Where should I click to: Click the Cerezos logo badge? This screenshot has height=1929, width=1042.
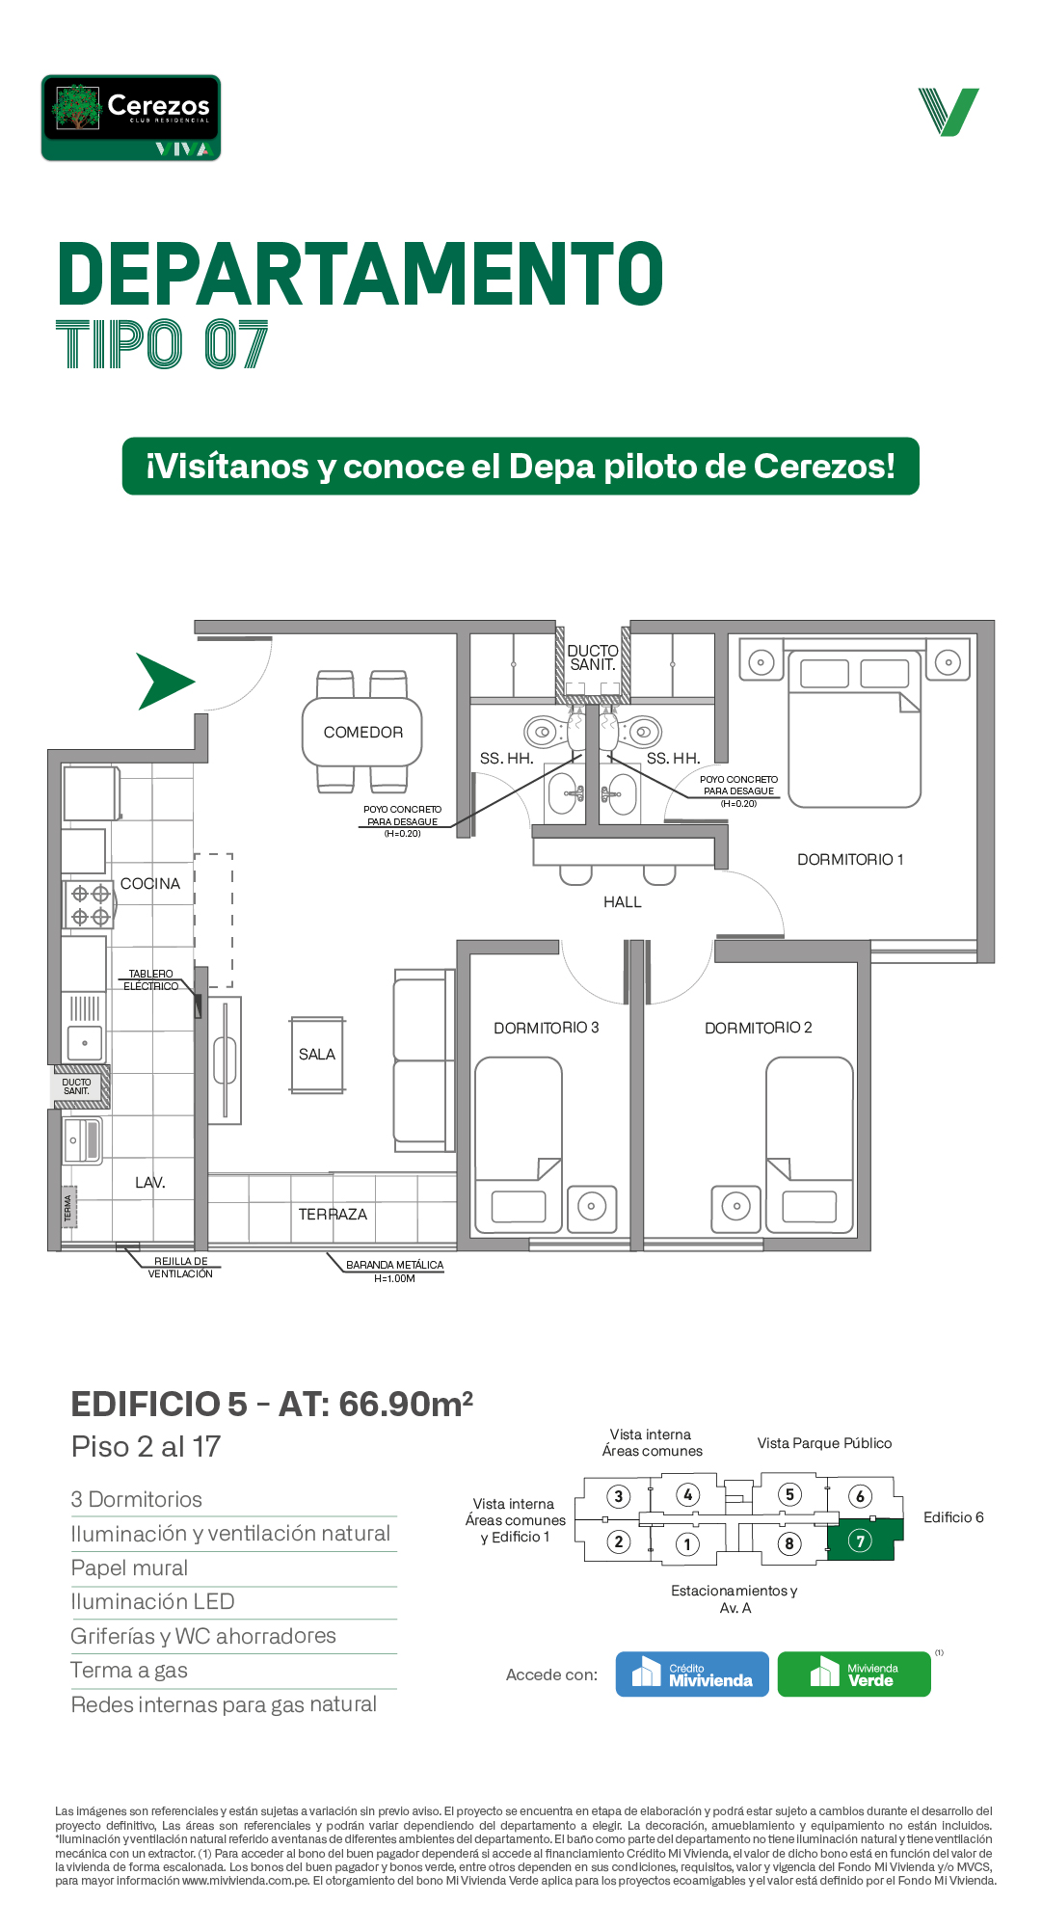click(131, 118)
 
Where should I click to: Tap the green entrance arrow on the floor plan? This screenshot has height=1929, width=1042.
click(164, 682)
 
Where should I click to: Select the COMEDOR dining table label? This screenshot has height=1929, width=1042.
click(362, 733)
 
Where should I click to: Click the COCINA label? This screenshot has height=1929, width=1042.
click(150, 884)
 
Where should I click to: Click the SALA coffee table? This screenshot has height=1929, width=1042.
click(317, 1055)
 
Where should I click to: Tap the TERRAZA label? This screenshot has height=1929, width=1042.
click(333, 1215)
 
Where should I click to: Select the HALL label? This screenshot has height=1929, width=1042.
click(623, 902)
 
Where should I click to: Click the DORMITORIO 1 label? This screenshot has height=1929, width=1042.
click(850, 860)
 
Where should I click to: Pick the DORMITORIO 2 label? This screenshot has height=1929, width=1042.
click(759, 1029)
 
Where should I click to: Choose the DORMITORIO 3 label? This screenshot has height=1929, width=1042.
click(547, 1029)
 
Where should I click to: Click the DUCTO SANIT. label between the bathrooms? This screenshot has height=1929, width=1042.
click(593, 657)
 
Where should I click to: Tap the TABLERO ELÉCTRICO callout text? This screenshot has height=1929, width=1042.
click(151, 980)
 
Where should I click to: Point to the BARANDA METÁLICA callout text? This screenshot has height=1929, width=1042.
click(395, 1272)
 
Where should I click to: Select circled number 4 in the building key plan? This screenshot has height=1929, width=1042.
click(687, 1495)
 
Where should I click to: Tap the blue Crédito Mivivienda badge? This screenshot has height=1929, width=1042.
click(692, 1674)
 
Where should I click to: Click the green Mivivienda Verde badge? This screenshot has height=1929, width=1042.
click(854, 1674)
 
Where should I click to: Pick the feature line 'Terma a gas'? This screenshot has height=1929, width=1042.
click(129, 1671)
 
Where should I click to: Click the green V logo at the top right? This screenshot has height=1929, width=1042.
click(949, 112)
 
